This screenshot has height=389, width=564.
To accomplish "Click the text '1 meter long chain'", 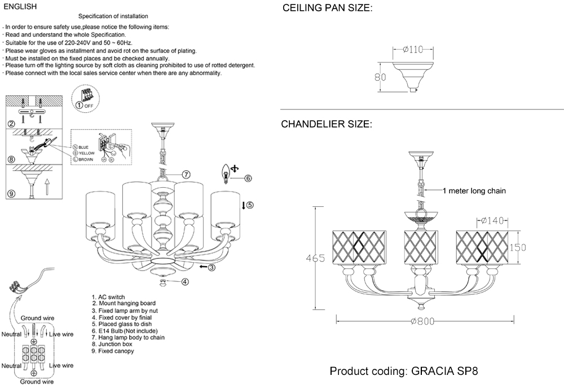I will pos(474,191).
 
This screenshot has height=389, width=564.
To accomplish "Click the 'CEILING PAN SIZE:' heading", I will pos(327,9).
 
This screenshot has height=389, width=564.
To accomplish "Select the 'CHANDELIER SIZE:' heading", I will pos(327,124).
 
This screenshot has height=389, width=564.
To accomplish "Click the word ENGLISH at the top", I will pos(20,6).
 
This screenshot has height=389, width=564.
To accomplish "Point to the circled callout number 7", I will pos(186,174).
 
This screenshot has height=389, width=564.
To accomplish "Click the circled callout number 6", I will pos(248,178).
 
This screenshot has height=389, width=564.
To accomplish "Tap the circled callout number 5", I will pos(250,205).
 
